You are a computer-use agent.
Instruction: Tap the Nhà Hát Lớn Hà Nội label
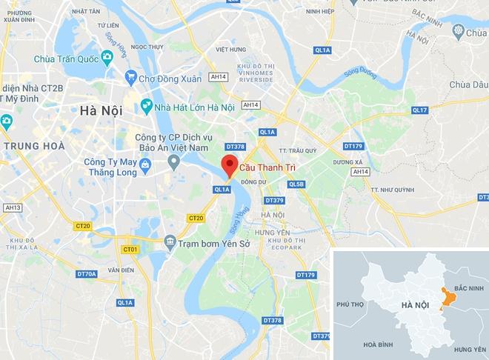196,107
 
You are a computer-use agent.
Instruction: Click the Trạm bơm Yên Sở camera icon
170,241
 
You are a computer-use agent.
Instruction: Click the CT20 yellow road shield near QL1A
196,218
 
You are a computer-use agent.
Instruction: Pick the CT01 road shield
130,250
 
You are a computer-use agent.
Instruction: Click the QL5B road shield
297,184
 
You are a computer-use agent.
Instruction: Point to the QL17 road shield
420,110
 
